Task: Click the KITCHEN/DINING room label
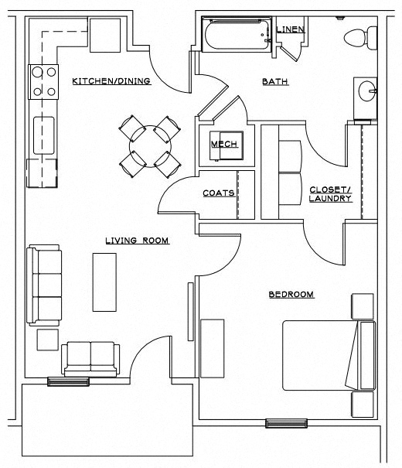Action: click(x=111, y=80)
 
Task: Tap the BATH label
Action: click(x=275, y=80)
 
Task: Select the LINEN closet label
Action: click(x=290, y=29)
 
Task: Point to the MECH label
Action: click(x=223, y=144)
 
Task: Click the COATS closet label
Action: click(x=218, y=193)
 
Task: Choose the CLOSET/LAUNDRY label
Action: click(x=330, y=193)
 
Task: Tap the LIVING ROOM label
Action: click(x=137, y=241)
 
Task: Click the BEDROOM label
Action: click(x=291, y=294)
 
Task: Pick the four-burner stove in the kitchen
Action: click(x=44, y=82)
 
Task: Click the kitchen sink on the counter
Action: click(x=43, y=135)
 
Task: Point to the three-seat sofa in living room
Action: click(x=44, y=284)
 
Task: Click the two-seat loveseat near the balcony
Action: click(x=91, y=357)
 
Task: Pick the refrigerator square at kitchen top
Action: click(x=104, y=35)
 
